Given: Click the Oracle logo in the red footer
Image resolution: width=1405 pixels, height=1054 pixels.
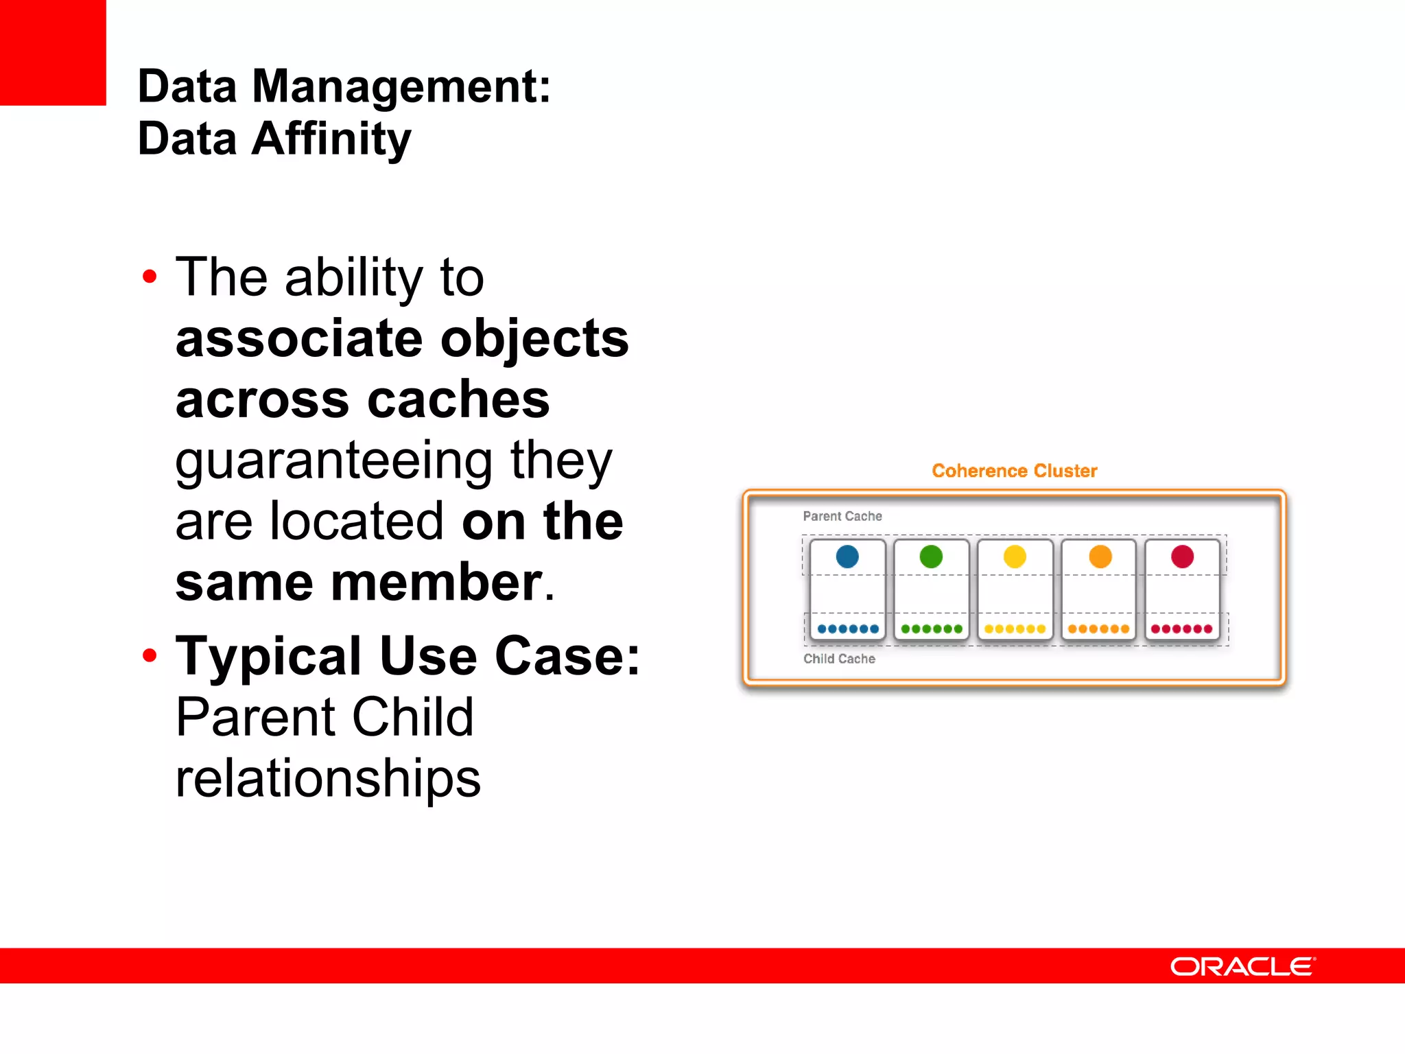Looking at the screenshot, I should coord(1242,966).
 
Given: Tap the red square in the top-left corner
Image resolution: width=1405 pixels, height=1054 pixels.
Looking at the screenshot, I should coord(53,52).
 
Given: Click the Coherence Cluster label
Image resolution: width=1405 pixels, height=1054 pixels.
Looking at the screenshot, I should coord(1014,471).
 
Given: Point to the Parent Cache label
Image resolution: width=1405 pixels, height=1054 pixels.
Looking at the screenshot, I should coord(842,516).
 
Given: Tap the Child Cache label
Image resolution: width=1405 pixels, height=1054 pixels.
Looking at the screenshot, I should coord(839,659).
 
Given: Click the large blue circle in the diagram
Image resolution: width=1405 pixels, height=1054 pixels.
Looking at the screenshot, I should coord(847,556).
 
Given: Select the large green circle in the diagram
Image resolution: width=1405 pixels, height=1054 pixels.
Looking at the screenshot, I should coord(931,556).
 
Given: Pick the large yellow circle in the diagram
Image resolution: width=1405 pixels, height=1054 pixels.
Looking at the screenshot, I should coord(1015,556).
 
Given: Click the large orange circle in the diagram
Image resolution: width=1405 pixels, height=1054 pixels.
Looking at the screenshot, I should coord(1100,556).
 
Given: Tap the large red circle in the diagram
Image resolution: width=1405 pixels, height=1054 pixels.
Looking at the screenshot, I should coord(1182,556).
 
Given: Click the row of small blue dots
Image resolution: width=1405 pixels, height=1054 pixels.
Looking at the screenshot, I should coord(848,629).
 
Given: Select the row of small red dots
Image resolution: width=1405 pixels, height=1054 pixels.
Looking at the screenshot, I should coord(1181,629).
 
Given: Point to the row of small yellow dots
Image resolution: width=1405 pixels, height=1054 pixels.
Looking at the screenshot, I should coord(1015,629).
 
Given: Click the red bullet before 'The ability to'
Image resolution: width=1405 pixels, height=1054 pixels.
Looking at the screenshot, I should coord(150,277).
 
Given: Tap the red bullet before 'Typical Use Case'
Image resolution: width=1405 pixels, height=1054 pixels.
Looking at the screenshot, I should coord(150,656).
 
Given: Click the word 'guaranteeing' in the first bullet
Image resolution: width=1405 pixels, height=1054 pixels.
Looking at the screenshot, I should coord(333,461).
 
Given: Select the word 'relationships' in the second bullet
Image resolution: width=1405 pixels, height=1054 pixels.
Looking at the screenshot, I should coord(328,779).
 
